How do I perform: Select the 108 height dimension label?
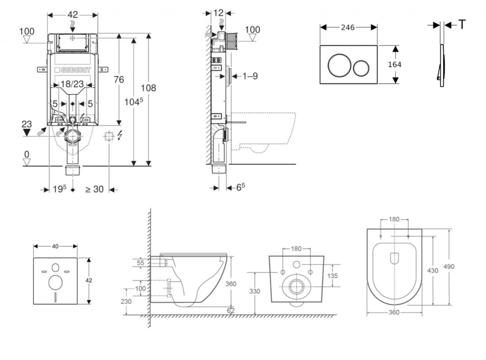point(148,88)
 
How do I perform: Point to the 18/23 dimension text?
point(72,84)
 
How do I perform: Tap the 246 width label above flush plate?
point(348,27)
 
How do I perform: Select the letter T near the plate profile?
point(462,25)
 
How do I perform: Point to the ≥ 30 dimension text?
point(94,189)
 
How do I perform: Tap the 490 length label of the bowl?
point(449,266)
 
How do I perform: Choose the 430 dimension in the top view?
point(433,270)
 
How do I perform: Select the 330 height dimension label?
point(254,291)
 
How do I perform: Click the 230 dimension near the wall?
point(126,301)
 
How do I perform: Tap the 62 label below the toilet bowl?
point(231,310)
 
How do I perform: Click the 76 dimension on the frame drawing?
point(119,79)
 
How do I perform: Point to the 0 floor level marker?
point(27,154)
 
